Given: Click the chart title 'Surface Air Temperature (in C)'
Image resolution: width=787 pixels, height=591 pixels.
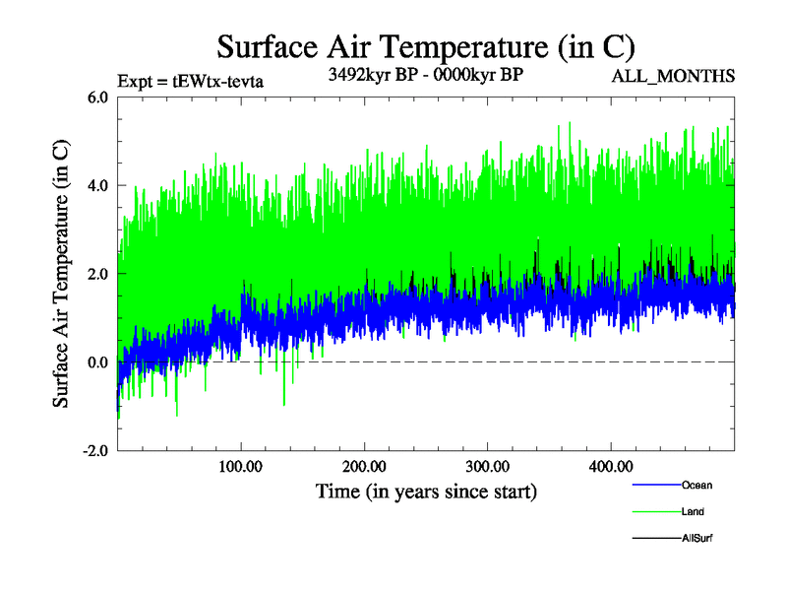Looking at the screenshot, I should point(426,46).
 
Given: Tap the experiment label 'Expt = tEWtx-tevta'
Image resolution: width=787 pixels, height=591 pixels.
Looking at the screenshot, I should point(191,79).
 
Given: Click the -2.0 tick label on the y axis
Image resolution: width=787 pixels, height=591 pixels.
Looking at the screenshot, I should point(95,451).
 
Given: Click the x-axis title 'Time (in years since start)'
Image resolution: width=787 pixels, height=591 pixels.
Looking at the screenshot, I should point(426,490).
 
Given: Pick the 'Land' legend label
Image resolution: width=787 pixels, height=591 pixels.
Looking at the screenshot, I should point(693,512).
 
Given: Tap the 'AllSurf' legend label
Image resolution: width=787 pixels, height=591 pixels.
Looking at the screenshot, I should point(697,539).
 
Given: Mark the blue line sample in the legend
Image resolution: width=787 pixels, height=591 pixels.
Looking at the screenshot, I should point(654,485).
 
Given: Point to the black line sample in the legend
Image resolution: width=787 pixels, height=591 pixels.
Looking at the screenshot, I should point(654,539).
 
